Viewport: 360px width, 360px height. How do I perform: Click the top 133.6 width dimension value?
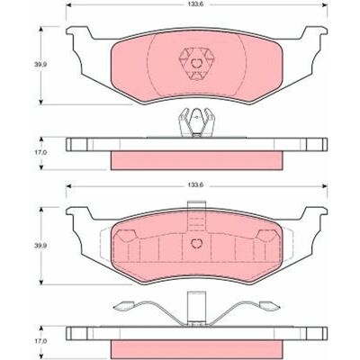[x=196, y=4]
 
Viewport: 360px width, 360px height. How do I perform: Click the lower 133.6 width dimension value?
[x=196, y=185]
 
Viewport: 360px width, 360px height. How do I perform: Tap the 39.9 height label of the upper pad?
[x=36, y=65]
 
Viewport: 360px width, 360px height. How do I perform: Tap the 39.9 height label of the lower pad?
[x=36, y=245]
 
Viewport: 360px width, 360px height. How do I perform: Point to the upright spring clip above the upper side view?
[x=196, y=122]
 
